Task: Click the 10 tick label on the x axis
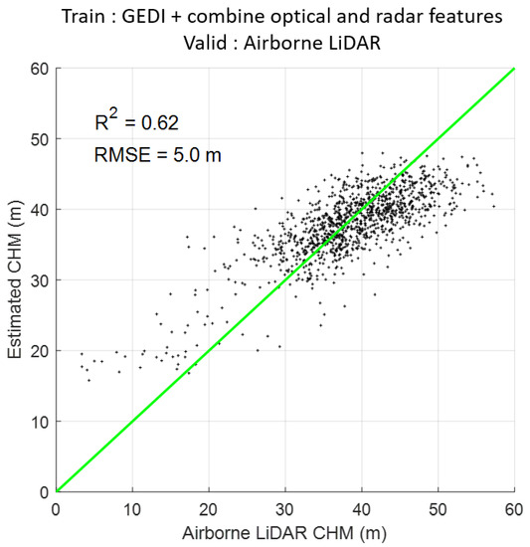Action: pos(132,506)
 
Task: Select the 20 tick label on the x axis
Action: pos(209,506)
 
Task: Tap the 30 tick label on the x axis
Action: pos(285,506)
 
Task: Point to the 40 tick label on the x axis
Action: pos(362,506)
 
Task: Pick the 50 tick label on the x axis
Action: pos(439,506)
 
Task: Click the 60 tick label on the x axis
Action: pos(514,506)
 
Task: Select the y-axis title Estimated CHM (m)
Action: pos(14,280)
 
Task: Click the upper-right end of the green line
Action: pos(513,70)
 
